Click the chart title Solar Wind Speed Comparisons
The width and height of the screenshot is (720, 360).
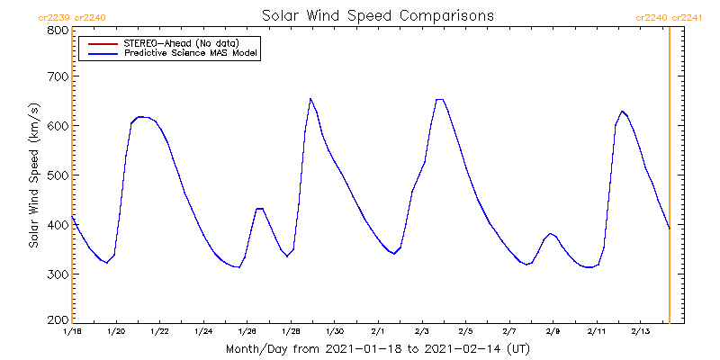click(x=377, y=15)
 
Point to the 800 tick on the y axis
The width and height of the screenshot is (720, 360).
click(x=57, y=30)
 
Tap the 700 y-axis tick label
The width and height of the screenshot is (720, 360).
click(x=57, y=76)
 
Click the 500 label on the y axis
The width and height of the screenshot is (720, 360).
click(x=57, y=175)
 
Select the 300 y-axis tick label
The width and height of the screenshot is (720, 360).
click(x=57, y=273)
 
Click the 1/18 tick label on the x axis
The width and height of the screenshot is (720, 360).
click(x=72, y=332)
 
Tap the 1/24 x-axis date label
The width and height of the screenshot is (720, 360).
click(x=202, y=332)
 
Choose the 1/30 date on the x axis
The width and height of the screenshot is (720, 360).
click(x=334, y=332)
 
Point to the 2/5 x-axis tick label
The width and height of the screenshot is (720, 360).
click(x=465, y=332)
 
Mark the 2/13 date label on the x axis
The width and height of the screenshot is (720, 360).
click(x=640, y=332)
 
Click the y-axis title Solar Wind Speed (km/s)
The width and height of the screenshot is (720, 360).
click(x=34, y=175)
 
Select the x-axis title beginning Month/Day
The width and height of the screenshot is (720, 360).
click(x=370, y=348)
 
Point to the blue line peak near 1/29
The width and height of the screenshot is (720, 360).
click(x=310, y=99)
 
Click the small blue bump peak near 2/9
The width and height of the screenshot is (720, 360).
click(x=550, y=233)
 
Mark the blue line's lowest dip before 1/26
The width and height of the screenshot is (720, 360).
click(x=238, y=267)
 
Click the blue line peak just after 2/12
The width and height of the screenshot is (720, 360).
click(x=622, y=111)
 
